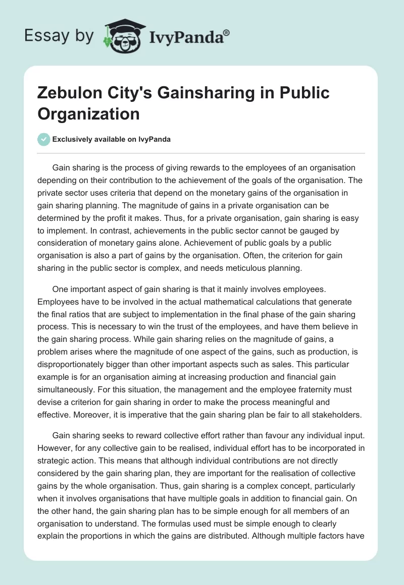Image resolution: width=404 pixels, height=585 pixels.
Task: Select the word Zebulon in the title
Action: coord(72,93)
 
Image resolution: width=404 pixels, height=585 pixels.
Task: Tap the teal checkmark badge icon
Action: coord(44,139)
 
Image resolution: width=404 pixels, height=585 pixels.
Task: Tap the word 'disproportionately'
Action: coord(71,352)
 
